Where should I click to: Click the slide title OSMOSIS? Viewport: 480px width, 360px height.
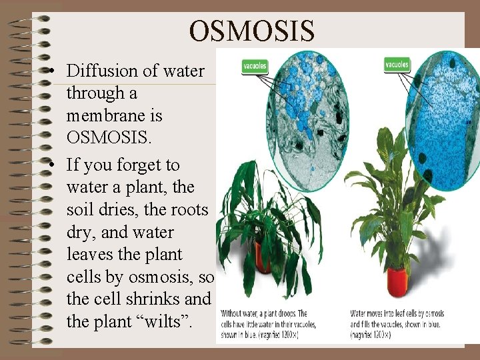click(251, 30)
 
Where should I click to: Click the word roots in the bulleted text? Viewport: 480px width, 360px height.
click(189, 210)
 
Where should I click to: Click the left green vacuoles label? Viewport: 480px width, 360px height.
click(254, 65)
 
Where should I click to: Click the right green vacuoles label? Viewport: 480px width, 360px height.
click(397, 65)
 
